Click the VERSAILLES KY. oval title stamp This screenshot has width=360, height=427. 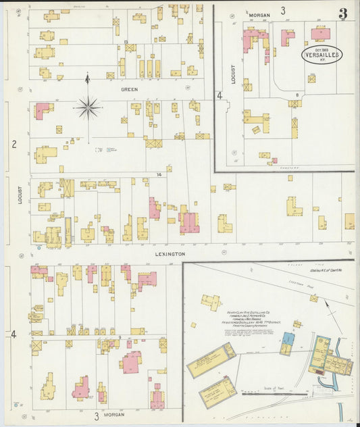tap(322, 55)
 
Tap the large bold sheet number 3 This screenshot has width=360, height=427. tap(343, 14)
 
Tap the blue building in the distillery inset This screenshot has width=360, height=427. tap(287, 338)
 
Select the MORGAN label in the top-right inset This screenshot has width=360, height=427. tap(259, 14)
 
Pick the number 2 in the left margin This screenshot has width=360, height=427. tap(14, 143)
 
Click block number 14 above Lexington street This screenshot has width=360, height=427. tap(159, 175)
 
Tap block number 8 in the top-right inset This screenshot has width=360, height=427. tap(297, 95)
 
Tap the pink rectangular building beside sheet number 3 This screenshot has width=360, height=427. tap(320, 34)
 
